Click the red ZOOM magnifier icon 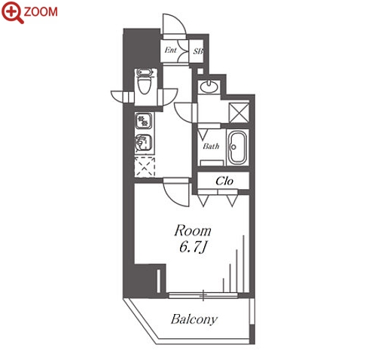[x=12, y=12]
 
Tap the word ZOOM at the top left [x=41, y=12]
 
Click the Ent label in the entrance [x=171, y=50]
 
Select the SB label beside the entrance [x=198, y=51]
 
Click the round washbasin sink [x=209, y=87]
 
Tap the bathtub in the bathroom [x=238, y=148]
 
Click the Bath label [x=211, y=146]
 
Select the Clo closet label [x=224, y=181]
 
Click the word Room [x=193, y=230]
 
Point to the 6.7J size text [x=193, y=247]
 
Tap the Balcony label [x=194, y=319]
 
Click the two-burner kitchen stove [x=144, y=121]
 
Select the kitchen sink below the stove [x=144, y=143]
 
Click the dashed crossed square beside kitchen [x=145, y=167]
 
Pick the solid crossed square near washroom [x=239, y=113]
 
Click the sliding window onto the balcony [x=203, y=296]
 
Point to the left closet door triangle [x=203, y=201]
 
